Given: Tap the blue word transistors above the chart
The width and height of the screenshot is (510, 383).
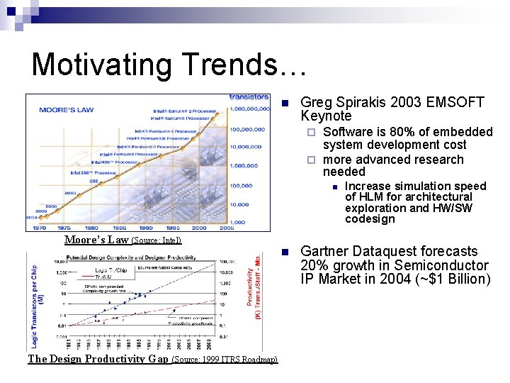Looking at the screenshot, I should [x=249, y=97].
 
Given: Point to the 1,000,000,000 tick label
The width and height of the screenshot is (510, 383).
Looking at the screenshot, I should [x=249, y=109].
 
